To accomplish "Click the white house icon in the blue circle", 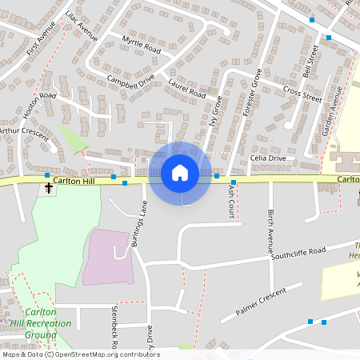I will (x=180, y=173).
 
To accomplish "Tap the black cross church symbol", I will (x=50, y=189).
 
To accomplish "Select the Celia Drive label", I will (x=267, y=158).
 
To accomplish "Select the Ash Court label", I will (x=230, y=210).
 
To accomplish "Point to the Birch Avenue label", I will (x=271, y=227).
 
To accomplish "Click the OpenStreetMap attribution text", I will (x=81, y=354).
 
